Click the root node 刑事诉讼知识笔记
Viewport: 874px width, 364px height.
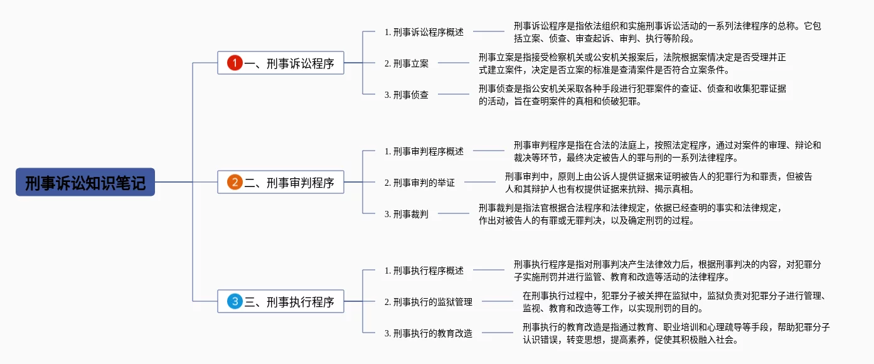coord(85,182)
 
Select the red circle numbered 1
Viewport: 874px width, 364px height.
coord(235,63)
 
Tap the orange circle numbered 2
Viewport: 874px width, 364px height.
coord(235,182)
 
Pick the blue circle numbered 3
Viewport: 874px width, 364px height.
coord(235,302)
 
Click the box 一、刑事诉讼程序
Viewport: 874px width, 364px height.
coord(280,63)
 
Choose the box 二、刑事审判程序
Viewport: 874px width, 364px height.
coord(280,182)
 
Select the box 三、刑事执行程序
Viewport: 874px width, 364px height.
coord(280,302)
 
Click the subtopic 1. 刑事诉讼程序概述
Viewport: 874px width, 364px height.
coord(424,32)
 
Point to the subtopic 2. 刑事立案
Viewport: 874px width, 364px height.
coord(406,63)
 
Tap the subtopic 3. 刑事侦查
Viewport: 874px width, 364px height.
coord(406,95)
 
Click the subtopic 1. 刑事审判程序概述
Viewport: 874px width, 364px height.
coord(424,151)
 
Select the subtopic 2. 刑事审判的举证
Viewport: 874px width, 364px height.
coord(420,183)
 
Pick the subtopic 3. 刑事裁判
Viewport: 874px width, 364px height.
coord(406,214)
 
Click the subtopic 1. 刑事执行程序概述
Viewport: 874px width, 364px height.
coord(424,270)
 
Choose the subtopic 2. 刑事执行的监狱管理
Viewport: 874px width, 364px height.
coord(428,302)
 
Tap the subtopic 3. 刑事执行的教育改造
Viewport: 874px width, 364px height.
coord(428,334)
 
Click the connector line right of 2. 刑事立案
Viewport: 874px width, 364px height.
coord(454,63)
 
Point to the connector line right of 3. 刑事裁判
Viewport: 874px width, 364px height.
coord(454,213)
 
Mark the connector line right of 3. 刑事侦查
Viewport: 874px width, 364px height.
coord(454,94)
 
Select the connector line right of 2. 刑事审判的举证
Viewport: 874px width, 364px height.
coord(480,182)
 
